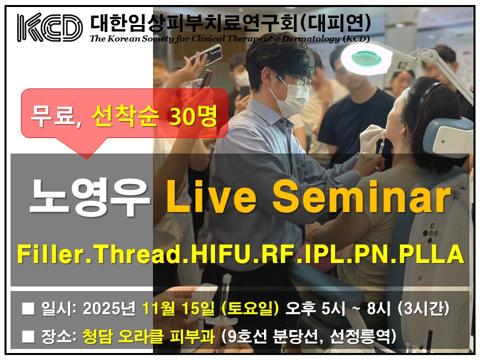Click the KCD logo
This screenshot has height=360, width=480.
50,27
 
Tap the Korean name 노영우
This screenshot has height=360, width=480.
90,197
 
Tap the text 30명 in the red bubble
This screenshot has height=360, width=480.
193,116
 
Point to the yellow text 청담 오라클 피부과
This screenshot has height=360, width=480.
148,336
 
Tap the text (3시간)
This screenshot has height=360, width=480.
423,308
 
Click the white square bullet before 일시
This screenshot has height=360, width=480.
28,308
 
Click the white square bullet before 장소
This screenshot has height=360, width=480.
28,336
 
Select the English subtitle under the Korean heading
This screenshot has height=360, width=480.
229,39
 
